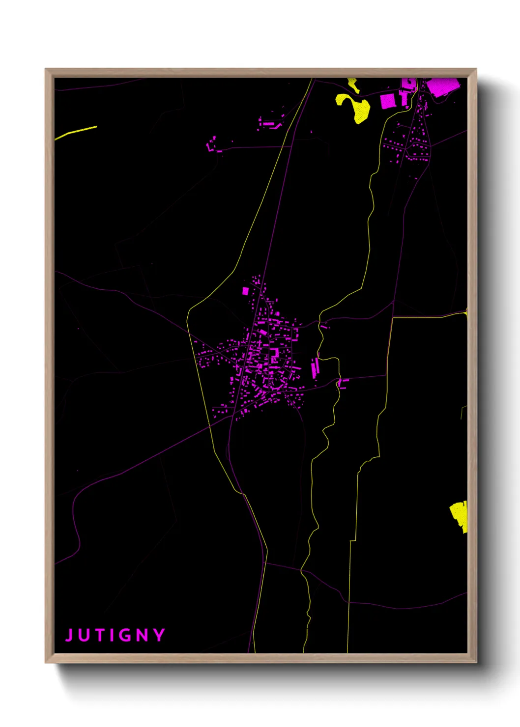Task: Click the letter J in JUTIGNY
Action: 69,635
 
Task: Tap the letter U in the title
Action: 83,635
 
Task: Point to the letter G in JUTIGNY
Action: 126,635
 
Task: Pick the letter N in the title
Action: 142,635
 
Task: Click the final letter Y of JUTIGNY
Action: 159,635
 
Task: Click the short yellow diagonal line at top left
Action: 76,132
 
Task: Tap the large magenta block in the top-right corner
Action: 442,86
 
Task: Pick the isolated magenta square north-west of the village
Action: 245,291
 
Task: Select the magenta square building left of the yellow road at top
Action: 387,101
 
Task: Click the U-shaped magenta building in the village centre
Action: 274,355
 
